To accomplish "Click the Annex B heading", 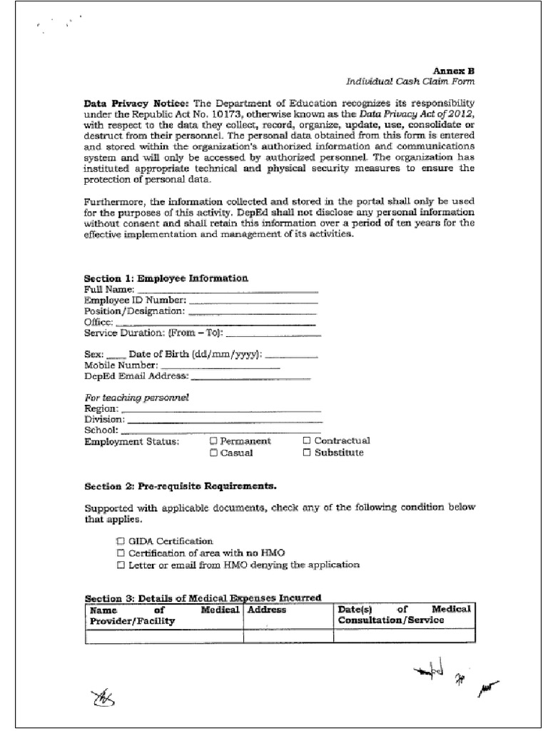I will (455, 71).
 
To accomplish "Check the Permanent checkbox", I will (213, 441).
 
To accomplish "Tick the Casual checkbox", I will (213, 453).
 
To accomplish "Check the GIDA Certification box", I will (121, 542).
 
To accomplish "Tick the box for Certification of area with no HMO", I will (121, 553).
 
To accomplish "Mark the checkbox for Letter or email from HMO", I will (121, 565).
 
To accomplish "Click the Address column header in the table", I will (267, 610).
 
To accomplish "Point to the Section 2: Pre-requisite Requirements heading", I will (181, 487).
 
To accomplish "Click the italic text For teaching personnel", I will (136, 397).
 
